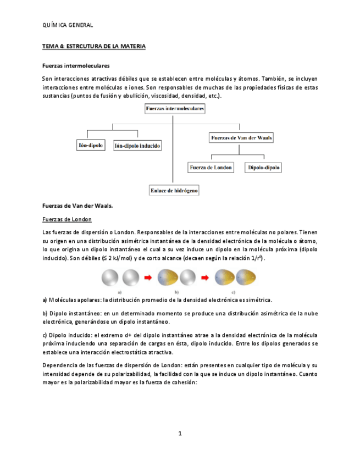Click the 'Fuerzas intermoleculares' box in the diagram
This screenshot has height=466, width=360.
click(174, 109)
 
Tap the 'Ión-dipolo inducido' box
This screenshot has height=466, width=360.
click(137, 146)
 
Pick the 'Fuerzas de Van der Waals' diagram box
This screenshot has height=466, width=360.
click(241, 138)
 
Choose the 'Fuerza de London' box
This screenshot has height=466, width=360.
click(211, 167)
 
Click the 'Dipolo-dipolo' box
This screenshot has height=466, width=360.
click(263, 167)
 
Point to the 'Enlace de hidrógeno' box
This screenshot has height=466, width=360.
click(174, 191)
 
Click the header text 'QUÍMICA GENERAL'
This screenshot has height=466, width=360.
click(68, 25)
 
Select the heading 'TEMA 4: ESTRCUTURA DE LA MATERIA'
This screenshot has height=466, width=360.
click(94, 47)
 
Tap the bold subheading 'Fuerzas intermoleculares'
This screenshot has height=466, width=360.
click(76, 65)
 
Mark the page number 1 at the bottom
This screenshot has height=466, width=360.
click(180, 434)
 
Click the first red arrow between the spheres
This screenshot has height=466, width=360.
click(148, 278)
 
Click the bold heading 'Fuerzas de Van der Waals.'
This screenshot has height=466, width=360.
click(77, 206)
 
